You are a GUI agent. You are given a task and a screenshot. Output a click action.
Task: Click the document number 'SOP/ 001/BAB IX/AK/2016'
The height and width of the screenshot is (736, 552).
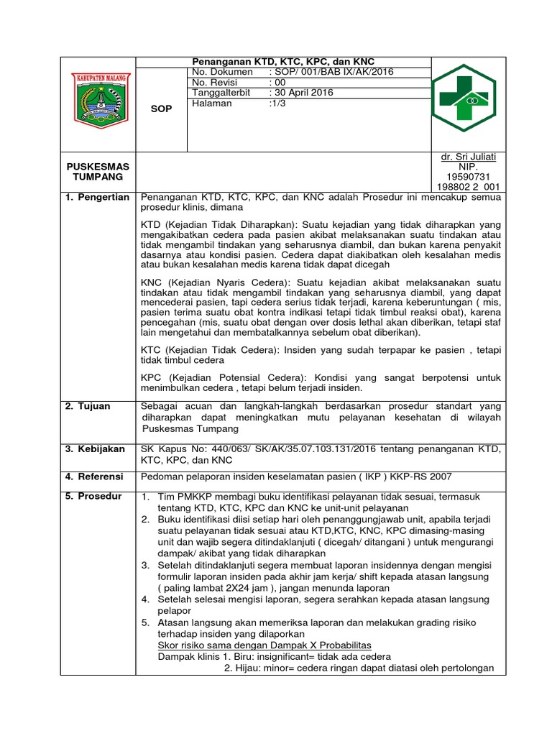click(x=331, y=72)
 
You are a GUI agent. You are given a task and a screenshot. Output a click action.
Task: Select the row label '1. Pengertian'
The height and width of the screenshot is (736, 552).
click(x=98, y=197)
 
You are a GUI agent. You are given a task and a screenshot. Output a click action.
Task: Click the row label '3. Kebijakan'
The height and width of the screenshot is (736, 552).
click(x=95, y=448)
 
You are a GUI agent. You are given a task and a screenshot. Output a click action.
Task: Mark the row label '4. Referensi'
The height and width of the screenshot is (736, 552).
click(x=94, y=477)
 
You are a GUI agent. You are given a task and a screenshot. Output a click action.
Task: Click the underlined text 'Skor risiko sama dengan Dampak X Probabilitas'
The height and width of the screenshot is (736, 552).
click(x=264, y=645)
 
